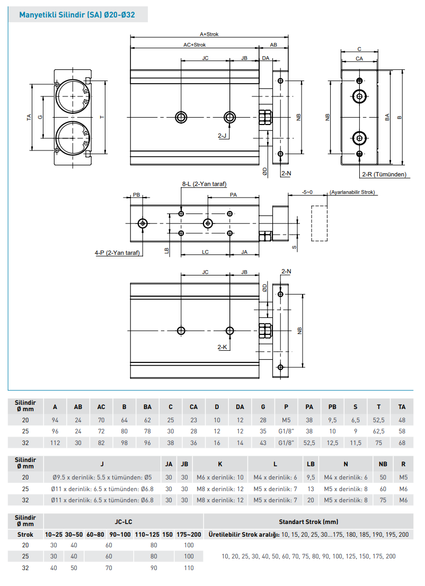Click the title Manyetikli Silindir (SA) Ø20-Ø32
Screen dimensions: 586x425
[77, 15]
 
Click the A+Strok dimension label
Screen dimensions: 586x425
[209, 34]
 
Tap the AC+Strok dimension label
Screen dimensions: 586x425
[194, 45]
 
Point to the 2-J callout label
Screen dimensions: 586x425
[223, 136]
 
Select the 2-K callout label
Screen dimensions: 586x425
[223, 348]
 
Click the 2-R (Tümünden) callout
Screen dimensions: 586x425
[384, 174]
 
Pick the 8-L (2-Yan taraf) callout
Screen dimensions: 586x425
[204, 184]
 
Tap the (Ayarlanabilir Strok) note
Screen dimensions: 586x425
[352, 192]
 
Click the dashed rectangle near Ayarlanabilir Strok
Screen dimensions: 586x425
[318, 222]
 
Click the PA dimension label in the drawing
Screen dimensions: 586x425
[233, 195]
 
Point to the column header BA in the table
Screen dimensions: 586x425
[147, 407]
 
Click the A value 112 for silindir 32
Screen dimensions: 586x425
[55, 442]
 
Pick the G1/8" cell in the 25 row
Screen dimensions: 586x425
[286, 431]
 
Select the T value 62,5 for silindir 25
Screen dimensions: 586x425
[378, 431]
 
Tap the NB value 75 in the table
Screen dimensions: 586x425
[383, 500]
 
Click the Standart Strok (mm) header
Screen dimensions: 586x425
[308, 521]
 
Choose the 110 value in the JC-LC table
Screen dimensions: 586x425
[189, 567]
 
